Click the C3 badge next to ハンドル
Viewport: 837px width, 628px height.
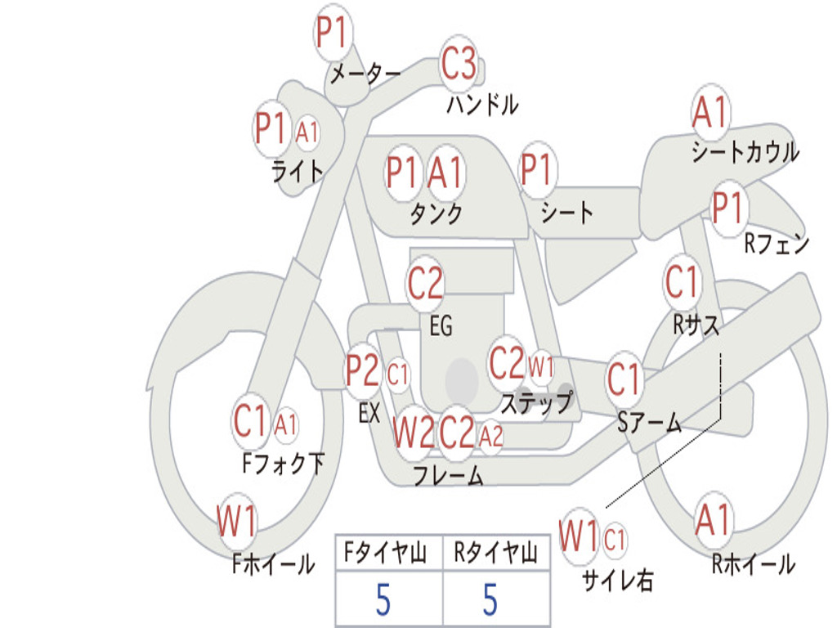(x=459, y=64)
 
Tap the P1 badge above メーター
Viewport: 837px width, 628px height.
(x=333, y=34)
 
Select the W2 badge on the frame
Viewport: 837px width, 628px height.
(x=413, y=433)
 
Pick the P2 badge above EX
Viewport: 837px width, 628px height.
(x=362, y=372)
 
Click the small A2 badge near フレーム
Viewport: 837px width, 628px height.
(x=490, y=437)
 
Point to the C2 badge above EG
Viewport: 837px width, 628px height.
(x=425, y=284)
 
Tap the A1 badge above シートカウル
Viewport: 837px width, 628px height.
(x=709, y=113)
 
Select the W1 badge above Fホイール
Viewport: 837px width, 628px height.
(x=236, y=521)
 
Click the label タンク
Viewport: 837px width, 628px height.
(x=436, y=214)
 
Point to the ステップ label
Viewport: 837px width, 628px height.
(x=536, y=404)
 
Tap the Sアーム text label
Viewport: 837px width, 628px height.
(x=650, y=424)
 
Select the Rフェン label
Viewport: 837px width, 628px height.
(x=777, y=244)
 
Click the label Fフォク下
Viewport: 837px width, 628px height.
(x=283, y=464)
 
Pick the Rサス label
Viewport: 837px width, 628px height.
(x=696, y=325)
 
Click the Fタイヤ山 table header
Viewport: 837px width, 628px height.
(x=387, y=554)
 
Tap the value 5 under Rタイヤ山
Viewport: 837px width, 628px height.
(x=490, y=600)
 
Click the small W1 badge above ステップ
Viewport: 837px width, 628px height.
(x=541, y=366)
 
